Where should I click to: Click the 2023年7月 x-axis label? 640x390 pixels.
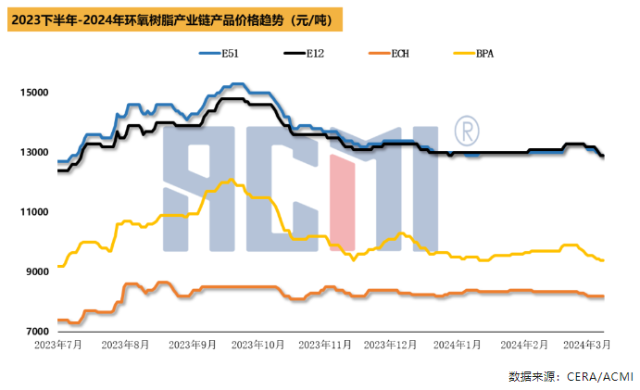point(56,345)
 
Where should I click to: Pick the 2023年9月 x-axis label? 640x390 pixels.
point(193,345)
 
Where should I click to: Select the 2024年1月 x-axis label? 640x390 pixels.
point(459,345)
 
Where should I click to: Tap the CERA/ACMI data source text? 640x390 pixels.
point(570,376)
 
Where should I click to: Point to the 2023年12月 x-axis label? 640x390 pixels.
point(393,345)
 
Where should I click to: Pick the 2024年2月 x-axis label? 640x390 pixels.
point(523,345)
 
